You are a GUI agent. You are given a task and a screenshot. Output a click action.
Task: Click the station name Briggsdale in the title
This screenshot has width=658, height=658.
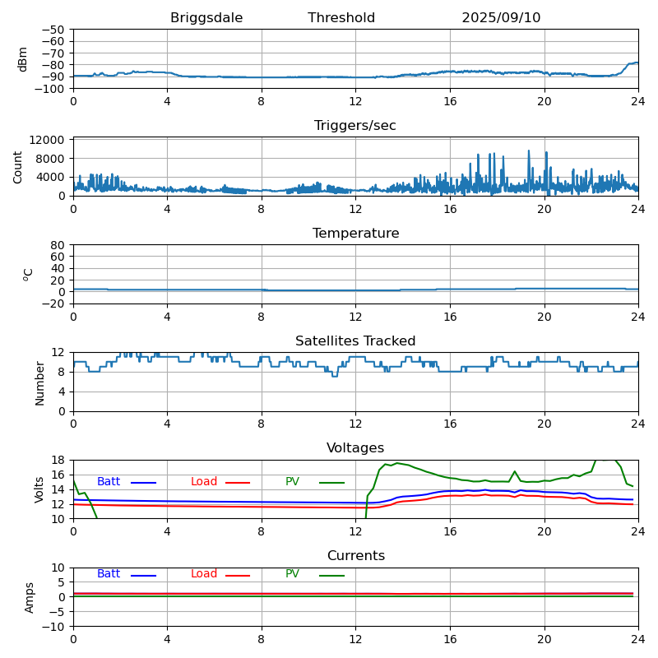coord(206,18)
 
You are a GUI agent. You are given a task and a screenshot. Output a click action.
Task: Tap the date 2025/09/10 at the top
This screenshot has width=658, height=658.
coord(501,18)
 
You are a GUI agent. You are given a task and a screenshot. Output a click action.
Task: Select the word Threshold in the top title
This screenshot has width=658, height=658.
coord(341,18)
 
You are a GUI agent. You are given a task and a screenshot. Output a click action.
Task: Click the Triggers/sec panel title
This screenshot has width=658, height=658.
coord(355,126)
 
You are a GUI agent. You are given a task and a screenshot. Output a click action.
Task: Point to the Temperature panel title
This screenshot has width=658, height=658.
coord(355,234)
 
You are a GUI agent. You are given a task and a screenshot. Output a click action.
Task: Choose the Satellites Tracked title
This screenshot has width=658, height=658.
coord(355,341)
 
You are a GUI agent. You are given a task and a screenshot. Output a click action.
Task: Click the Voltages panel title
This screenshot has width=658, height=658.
coord(355,448)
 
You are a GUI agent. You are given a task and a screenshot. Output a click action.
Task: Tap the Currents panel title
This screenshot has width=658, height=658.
coord(355,556)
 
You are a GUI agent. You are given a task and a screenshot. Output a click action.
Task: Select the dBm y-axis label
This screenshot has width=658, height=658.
coord(23,59)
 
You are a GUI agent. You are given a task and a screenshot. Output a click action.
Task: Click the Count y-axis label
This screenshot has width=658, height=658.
coord(18,167)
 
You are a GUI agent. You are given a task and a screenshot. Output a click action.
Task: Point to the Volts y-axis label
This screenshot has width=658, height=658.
coord(40,489)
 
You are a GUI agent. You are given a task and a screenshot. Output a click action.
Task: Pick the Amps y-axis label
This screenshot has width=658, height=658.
coord(30,597)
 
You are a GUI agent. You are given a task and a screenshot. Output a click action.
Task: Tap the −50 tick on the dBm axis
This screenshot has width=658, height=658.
coord(53,30)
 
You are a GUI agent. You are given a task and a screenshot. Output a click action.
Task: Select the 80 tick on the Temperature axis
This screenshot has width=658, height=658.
coord(59,245)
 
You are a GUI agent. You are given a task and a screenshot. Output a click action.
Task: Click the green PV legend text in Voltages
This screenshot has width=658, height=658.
coord(292,482)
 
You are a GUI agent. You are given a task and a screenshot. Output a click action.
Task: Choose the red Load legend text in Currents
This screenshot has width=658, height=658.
coord(204,574)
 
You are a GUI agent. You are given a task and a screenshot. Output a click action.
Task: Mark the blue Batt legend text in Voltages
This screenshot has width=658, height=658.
coord(109,482)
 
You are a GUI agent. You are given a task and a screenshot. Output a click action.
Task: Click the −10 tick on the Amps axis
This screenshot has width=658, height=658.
coord(53,627)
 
